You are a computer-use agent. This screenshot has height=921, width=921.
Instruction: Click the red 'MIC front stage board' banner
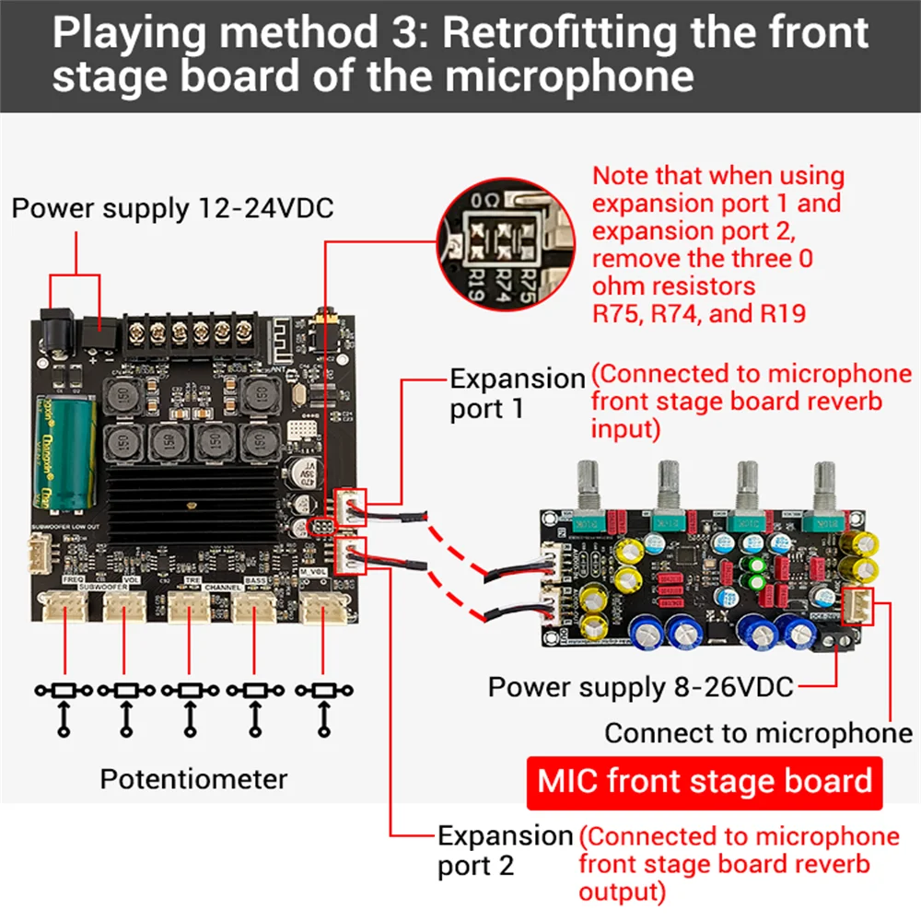pyautogui.click(x=705, y=783)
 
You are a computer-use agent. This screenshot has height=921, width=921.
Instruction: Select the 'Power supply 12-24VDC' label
pyautogui.click(x=172, y=208)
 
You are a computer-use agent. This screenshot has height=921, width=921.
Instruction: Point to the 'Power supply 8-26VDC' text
pyautogui.click(x=640, y=686)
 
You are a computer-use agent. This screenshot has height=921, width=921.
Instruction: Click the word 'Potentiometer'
pyautogui.click(x=193, y=779)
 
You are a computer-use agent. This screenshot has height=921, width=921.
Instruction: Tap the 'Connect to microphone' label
pyautogui.click(x=758, y=733)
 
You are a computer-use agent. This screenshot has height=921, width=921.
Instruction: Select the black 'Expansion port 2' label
pyautogui.click(x=505, y=850)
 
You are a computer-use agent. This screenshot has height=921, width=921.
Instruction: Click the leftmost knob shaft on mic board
pyautogui.click(x=589, y=484)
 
